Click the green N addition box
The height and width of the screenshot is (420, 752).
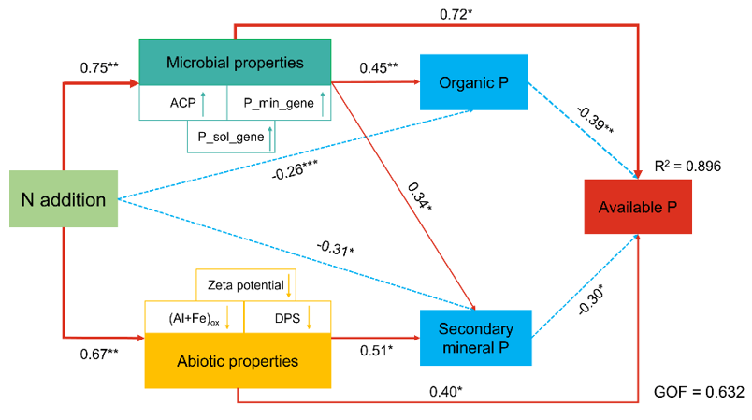(x=63, y=198)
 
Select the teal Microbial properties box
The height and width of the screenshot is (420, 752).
(x=235, y=64)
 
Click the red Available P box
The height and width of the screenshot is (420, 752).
(x=638, y=206)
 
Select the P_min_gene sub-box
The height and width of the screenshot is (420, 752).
(x=279, y=103)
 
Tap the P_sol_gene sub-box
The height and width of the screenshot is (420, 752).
(x=234, y=137)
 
